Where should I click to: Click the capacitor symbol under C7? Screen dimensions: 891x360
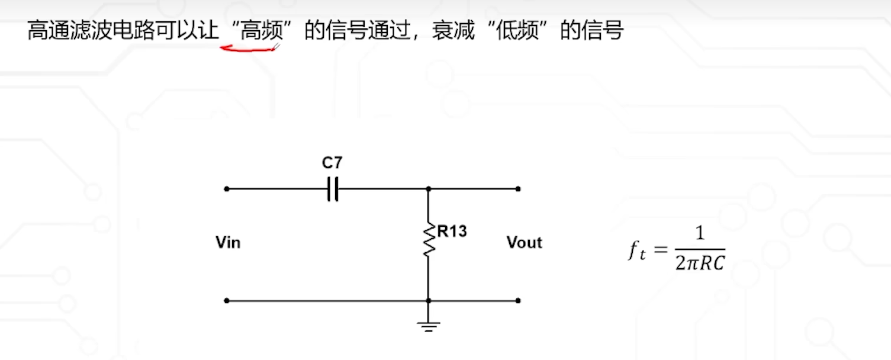[333, 189]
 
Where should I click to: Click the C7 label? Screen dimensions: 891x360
[332, 163]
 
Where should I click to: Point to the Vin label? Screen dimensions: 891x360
[228, 243]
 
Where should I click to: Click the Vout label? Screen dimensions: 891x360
[524, 243]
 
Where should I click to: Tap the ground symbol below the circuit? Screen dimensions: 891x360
[429, 325]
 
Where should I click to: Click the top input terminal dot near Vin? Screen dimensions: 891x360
[226, 189]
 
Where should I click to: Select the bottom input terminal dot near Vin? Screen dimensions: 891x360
[226, 301]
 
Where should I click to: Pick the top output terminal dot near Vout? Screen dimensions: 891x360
[518, 189]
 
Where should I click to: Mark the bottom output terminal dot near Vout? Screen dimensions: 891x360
[518, 301]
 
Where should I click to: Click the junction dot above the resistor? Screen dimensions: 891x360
[429, 189]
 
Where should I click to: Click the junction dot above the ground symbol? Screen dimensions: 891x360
[429, 301]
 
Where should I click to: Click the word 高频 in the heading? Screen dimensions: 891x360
[261, 31]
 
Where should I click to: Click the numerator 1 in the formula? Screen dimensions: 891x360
[700, 234]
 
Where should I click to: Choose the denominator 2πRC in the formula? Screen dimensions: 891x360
[700, 263]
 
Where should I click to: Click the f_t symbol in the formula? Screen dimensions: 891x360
[636, 251]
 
